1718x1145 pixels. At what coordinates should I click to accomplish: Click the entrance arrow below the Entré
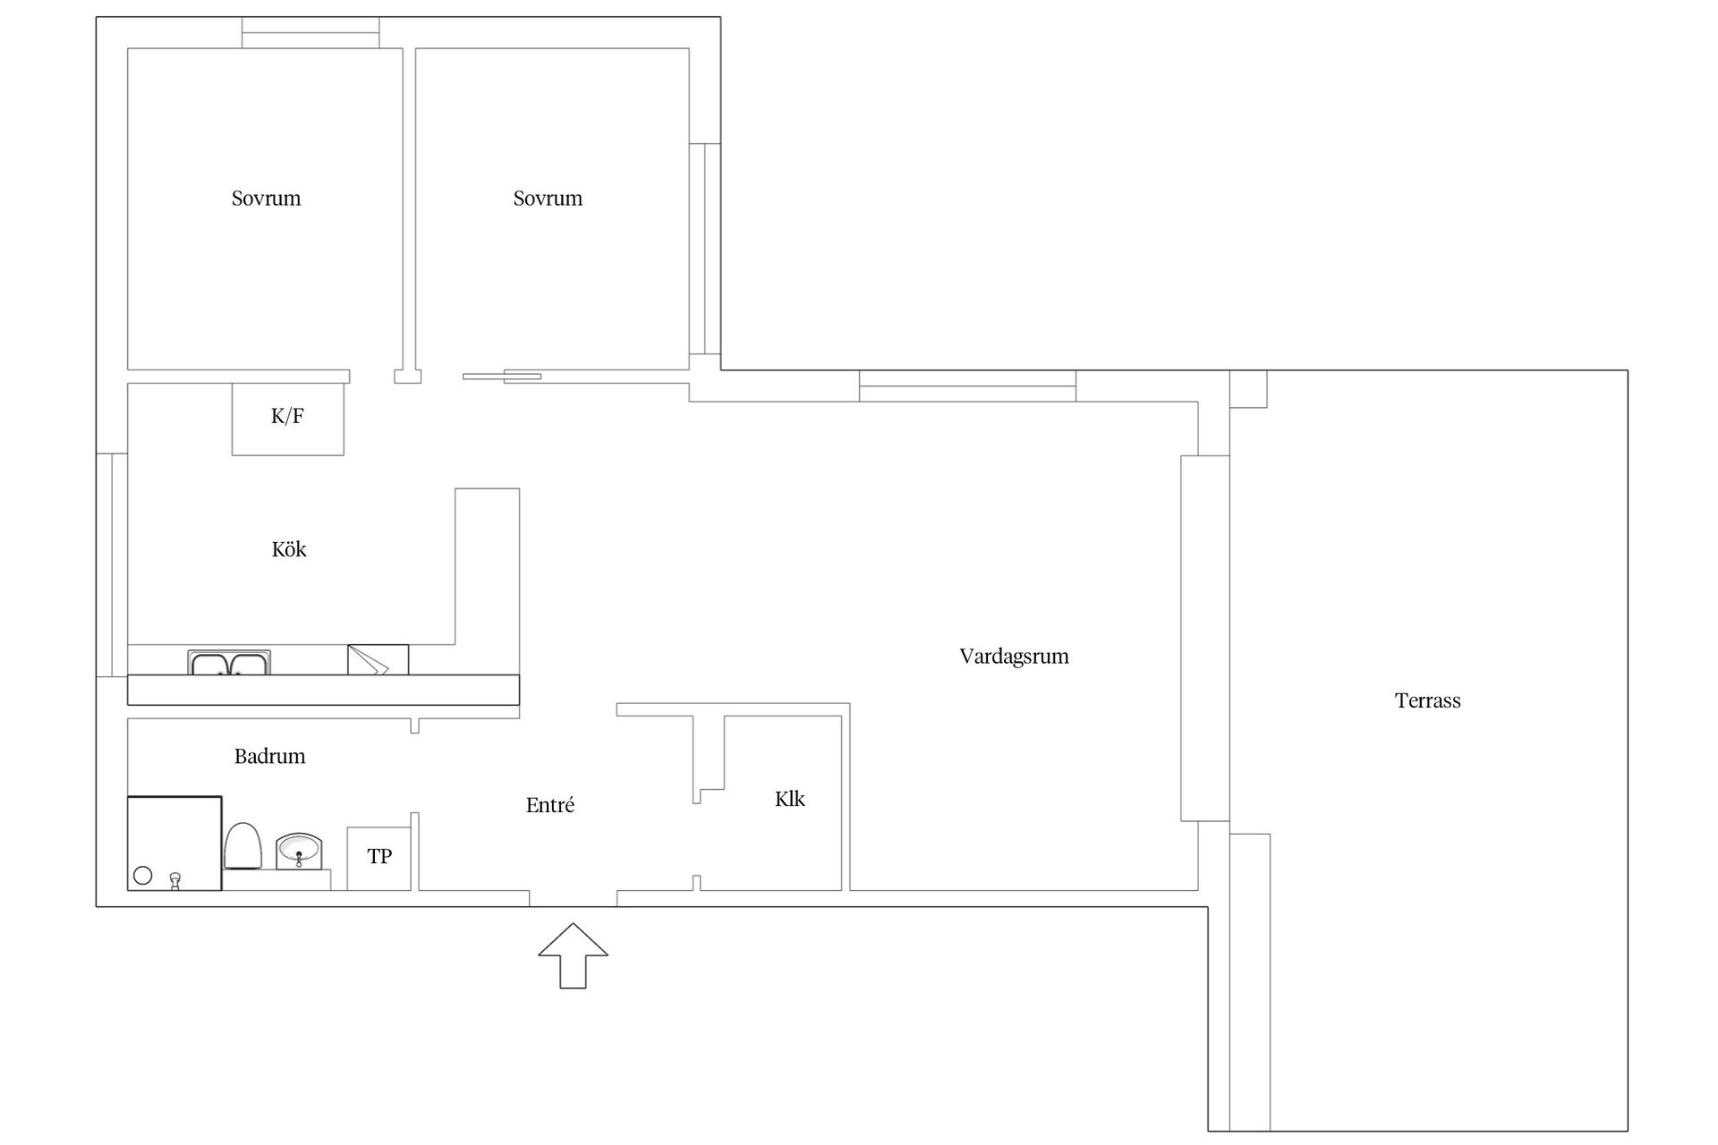[573, 955]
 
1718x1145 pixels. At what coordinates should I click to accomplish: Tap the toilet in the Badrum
[242, 845]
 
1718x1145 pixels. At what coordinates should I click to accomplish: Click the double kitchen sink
[229, 663]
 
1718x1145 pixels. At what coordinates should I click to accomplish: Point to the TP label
[379, 857]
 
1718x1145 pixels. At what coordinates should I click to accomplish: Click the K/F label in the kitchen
[287, 416]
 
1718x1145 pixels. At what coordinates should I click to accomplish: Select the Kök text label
[289, 549]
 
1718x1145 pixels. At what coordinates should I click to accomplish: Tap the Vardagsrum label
[1014, 657]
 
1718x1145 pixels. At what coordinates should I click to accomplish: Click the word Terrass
[1427, 700]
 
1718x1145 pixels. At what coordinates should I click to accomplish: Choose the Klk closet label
[790, 799]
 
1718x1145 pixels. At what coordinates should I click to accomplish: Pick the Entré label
[550, 805]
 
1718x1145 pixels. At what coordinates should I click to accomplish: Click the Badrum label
[269, 757]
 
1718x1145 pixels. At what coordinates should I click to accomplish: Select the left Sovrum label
[266, 199]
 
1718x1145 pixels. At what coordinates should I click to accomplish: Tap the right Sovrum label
[548, 199]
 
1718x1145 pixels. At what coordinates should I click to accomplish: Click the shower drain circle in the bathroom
[142, 876]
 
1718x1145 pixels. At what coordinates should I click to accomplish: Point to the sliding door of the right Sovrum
[502, 377]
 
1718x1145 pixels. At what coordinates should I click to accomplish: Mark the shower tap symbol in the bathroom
[175, 881]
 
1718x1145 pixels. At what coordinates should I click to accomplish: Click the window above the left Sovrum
[310, 33]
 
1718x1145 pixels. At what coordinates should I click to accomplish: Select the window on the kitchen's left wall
[112, 564]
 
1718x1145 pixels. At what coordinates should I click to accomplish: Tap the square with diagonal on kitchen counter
[378, 660]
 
